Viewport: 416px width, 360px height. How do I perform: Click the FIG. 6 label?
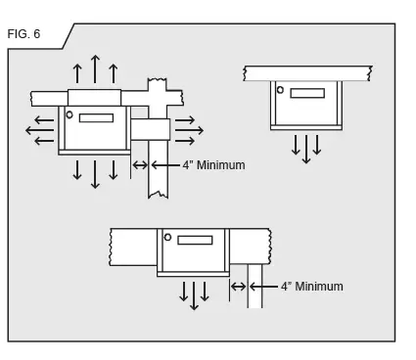point(23,34)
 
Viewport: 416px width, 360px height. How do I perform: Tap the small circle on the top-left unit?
point(69,114)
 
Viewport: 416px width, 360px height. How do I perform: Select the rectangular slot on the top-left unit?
point(96,118)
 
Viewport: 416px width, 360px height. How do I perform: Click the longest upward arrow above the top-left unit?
point(95,69)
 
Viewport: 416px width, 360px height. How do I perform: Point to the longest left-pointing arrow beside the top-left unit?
point(39,130)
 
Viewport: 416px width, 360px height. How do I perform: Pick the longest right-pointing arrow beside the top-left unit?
point(189,130)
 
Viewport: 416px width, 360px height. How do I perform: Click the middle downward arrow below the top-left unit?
point(95,173)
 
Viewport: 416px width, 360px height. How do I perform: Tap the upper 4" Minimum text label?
point(213,165)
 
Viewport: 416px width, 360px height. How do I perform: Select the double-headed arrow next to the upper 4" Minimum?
point(140,165)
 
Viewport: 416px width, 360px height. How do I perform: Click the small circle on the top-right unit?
point(280,90)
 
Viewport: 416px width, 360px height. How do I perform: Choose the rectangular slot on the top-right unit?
point(307,93)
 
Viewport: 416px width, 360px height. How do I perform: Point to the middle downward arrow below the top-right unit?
point(306,149)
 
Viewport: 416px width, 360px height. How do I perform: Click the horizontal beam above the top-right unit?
point(307,73)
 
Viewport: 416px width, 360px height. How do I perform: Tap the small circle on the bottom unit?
point(167,237)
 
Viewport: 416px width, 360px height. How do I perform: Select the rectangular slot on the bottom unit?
point(195,240)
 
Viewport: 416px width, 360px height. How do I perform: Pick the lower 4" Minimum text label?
point(311,287)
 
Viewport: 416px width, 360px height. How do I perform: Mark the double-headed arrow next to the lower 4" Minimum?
point(238,287)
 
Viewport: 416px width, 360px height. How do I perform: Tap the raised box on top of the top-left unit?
point(94,98)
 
